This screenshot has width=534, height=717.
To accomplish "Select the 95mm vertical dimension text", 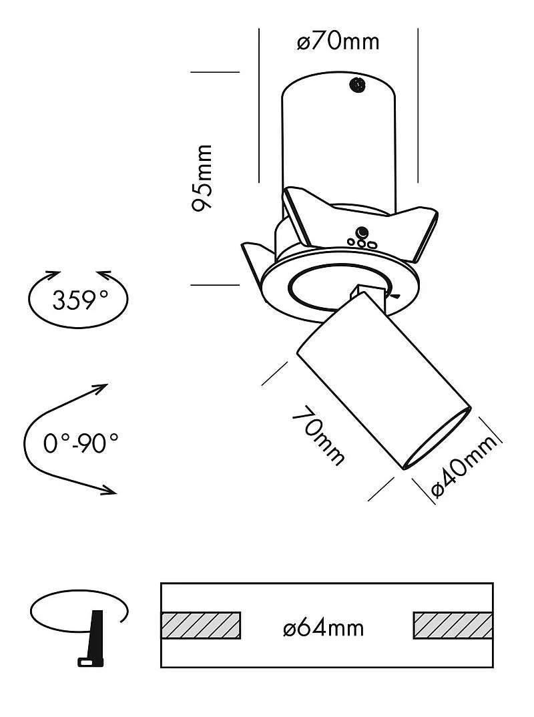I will coord(202,178).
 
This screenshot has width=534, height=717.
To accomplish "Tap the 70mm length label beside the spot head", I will coord(318,436).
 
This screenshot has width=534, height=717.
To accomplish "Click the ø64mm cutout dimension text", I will coord(324,628).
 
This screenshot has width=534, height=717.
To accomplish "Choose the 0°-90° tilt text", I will coord(81,443).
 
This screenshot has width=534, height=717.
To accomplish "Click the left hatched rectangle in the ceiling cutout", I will coord(201,625).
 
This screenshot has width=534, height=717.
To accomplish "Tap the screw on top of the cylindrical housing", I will coord(358,85).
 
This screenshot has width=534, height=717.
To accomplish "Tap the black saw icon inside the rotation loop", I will coord(94,638).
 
